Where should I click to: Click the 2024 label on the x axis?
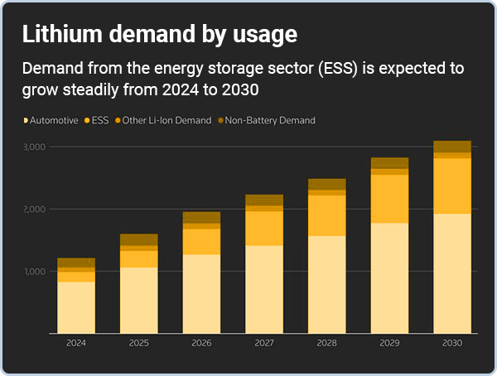[75, 343]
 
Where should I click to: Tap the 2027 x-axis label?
[263, 343]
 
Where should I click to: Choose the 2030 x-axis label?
[452, 343]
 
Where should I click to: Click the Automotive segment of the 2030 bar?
[452, 273]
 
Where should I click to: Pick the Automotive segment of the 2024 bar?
[75, 307]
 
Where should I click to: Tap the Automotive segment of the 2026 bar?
[201, 293]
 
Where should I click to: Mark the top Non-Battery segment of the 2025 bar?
[138, 239]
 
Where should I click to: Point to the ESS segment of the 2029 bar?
[389, 199]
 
